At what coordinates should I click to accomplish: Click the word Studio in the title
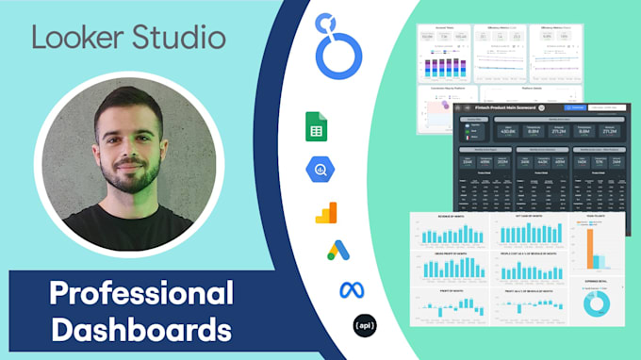[177, 39]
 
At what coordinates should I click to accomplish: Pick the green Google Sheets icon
[316, 126]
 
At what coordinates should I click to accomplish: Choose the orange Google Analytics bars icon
[325, 212]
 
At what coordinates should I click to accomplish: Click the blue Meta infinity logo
[351, 289]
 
